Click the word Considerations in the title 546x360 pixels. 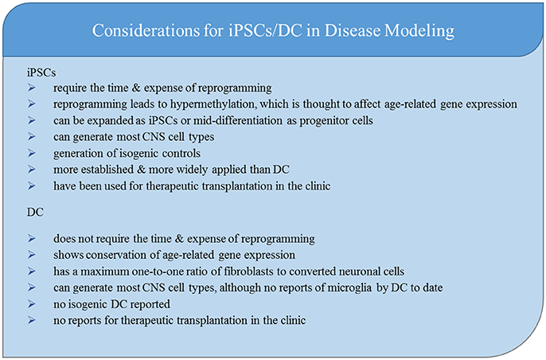click(145, 30)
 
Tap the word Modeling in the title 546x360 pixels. click(419, 31)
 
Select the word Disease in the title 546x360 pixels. click(353, 30)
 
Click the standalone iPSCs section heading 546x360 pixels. click(41, 72)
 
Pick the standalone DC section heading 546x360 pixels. click(35, 212)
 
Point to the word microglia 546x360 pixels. click(341, 288)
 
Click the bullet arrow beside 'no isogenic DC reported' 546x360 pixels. click(31, 304)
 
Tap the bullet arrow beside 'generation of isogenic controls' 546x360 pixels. click(31, 153)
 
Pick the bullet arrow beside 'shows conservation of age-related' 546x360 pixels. click(31, 255)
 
